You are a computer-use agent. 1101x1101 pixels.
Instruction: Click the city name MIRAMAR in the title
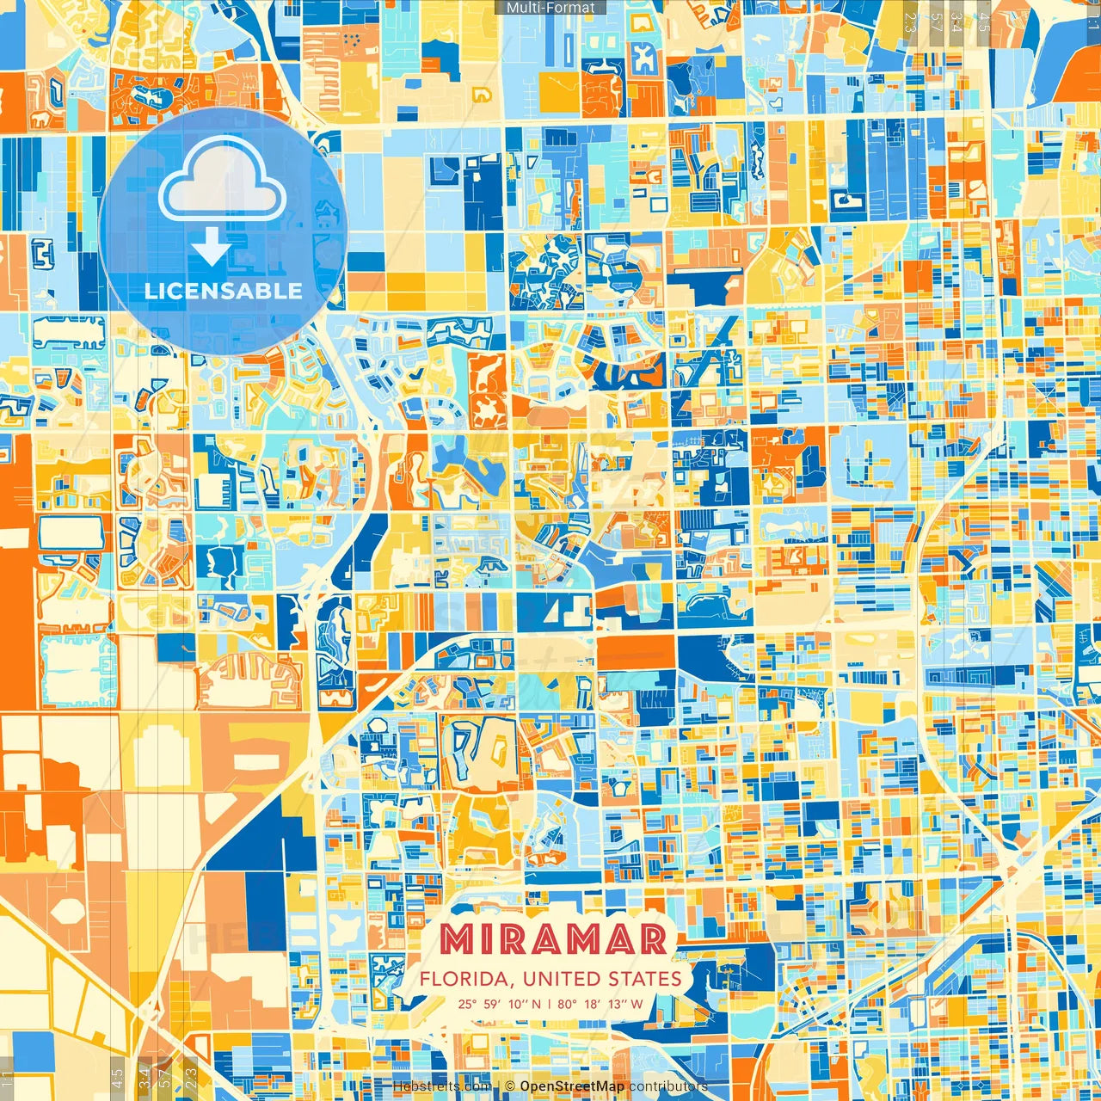coord(553,940)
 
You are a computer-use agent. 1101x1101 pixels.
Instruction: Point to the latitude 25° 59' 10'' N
coord(500,1004)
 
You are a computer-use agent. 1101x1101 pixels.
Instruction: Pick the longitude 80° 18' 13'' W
coord(600,1004)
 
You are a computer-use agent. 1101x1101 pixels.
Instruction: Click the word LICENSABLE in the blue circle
coord(223,291)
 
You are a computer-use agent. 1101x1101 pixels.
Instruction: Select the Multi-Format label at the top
coord(550,8)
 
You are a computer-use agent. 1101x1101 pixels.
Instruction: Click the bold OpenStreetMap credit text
coord(572,1086)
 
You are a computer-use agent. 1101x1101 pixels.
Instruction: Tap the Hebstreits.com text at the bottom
coord(441,1086)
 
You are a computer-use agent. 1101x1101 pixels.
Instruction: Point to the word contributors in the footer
coord(668,1086)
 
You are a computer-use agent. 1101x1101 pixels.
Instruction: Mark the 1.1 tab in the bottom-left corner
coord(8,1079)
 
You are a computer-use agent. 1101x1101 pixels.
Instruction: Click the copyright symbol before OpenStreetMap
coord(510,1086)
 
